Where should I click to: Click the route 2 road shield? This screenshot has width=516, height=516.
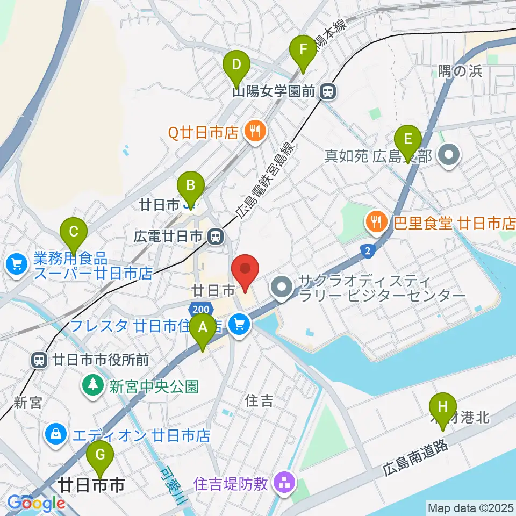click(368, 250)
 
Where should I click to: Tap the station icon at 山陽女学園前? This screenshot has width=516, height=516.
click(327, 92)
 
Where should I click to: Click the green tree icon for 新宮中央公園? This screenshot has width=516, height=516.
click(94, 385)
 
